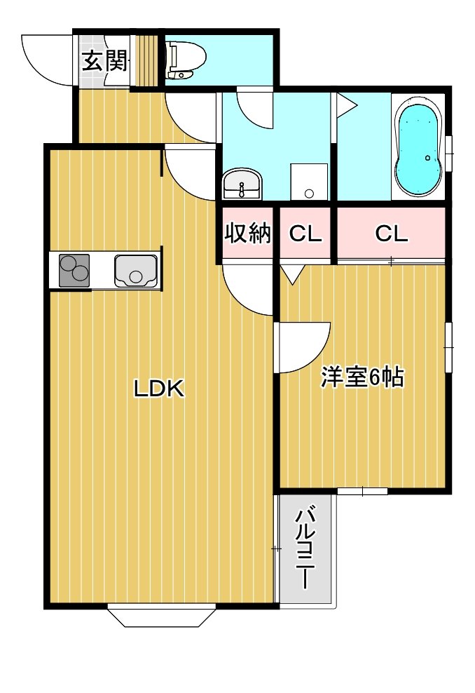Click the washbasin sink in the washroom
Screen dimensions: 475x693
[x=242, y=184]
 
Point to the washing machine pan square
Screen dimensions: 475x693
[x=309, y=182]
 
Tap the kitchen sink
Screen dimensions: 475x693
[x=135, y=271]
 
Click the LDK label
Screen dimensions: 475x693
[x=159, y=389]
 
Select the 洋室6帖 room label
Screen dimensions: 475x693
[x=362, y=377]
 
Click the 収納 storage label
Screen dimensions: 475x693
[x=248, y=234]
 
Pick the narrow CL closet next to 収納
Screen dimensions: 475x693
[x=305, y=234]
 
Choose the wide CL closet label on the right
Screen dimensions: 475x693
[x=391, y=234]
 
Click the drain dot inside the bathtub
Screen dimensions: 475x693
[x=427, y=158]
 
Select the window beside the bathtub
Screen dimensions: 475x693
[x=449, y=153]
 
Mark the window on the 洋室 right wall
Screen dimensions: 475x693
[x=448, y=348]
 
